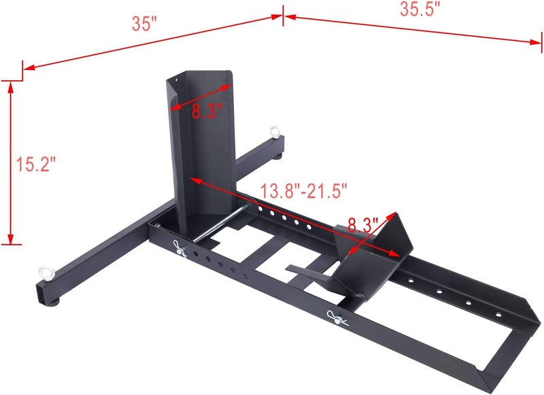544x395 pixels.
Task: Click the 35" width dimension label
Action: point(145,23)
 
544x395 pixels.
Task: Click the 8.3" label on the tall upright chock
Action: point(205,111)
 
